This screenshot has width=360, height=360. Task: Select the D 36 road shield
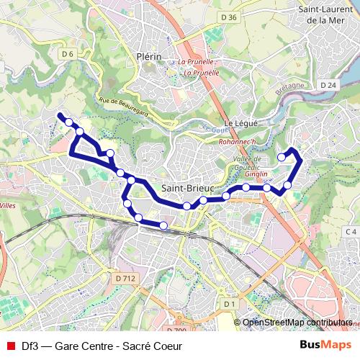pyautogui.click(x=230, y=17)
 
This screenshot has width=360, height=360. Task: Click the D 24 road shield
pyautogui.click(x=329, y=85)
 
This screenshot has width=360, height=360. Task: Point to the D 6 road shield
pyautogui.click(x=68, y=54)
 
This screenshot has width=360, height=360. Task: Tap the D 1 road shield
pyautogui.click(x=230, y=305)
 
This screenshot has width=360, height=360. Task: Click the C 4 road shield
pyautogui.click(x=351, y=231)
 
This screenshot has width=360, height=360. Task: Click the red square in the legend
pyautogui.click(x=10, y=346)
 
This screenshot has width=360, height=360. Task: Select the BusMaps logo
pyautogui.click(x=325, y=346)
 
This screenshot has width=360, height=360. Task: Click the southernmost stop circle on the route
pyautogui.click(x=163, y=226)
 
